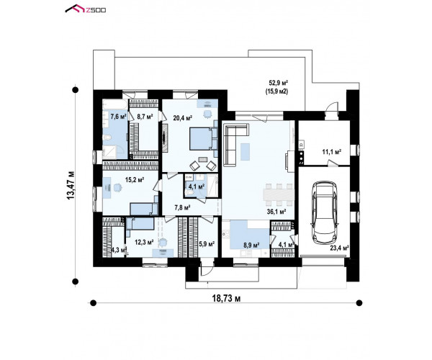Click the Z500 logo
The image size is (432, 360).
click(86, 9)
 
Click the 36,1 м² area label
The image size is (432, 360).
click(276, 212)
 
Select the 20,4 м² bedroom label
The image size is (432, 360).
click(182, 118)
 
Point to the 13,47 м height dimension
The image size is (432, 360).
click(71, 185)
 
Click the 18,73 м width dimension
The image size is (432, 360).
click(226, 298)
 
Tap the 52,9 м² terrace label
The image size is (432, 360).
click(278, 82)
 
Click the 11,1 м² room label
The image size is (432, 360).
click(332, 151)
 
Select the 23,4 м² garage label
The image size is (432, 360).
click(340, 248)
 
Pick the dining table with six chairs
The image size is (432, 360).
click(279, 195)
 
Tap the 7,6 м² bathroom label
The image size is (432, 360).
click(119, 117)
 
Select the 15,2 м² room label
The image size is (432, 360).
click(135, 180)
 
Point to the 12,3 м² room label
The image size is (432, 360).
click(144, 243)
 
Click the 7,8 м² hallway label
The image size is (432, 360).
click(183, 207)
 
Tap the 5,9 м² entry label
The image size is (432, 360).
click(207, 244)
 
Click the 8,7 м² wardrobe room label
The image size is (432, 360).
click(145, 117)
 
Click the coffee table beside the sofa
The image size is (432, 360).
click(245, 152)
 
